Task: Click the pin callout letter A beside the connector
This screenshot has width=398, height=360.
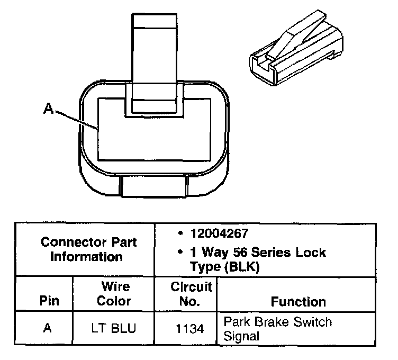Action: (48, 109)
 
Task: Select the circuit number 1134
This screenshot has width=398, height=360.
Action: (191, 328)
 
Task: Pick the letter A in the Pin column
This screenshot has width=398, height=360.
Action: (47, 328)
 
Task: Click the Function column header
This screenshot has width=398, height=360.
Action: (298, 302)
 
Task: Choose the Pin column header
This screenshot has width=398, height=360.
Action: (49, 302)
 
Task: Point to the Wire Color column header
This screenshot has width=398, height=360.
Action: (115, 294)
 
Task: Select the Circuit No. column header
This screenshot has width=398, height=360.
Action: (191, 294)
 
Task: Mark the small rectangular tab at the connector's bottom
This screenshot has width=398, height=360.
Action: (154, 185)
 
